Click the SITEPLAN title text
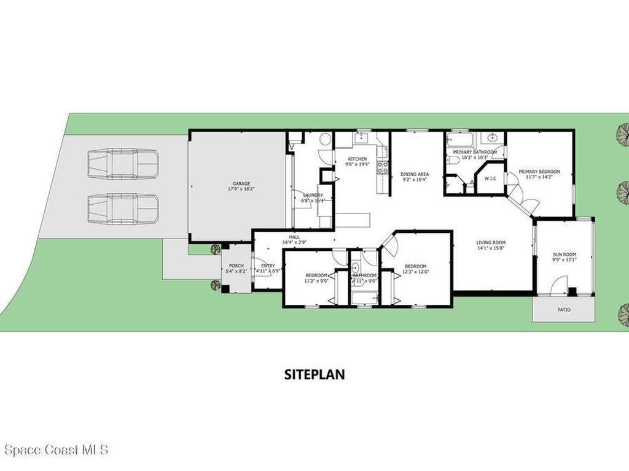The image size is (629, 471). coord(314,374)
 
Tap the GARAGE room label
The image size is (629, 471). coord(241,183)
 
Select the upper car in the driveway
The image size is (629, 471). coord(123,164)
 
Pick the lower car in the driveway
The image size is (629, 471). coord(123,209)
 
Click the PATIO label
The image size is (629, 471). coord(563,310)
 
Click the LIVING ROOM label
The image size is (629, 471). coord(491,242)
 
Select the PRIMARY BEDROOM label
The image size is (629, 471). coord(539,172)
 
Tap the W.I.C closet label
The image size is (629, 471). coord(490,179)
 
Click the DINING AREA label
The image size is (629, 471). coord(415,174)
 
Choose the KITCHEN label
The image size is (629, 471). coord(357,159)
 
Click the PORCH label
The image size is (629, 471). coord(236,266)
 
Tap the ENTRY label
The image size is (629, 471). coord(268,266)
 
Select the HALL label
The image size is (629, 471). coord(295,237)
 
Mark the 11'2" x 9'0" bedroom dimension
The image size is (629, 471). coord(316,281)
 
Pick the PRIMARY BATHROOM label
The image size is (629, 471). coord(475,152)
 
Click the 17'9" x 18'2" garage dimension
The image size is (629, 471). coord(241,189)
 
